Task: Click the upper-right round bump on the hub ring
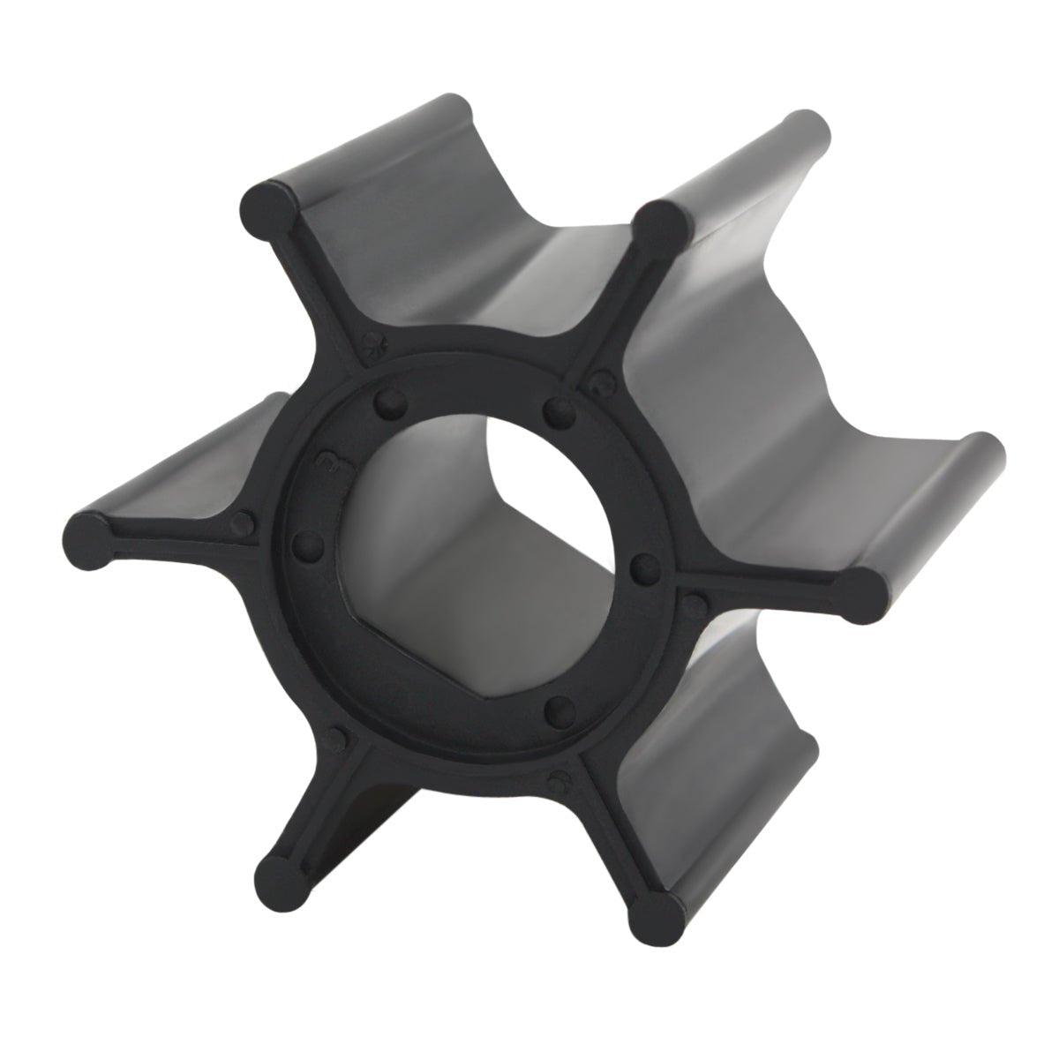click(555, 408)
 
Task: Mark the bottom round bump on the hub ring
click(554, 708)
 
